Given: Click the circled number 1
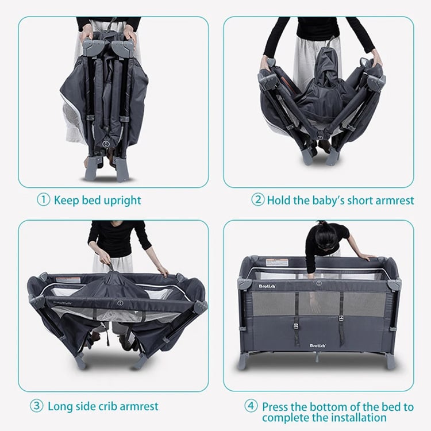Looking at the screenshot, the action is click(x=43, y=200).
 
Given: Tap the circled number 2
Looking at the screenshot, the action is click(x=257, y=199).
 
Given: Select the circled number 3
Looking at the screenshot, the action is click(x=36, y=406).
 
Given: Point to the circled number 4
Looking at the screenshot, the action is click(x=251, y=406).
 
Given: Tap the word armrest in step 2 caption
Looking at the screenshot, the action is click(x=394, y=200).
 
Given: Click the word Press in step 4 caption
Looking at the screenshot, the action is click(x=275, y=406).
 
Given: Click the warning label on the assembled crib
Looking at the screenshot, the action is click(x=276, y=263).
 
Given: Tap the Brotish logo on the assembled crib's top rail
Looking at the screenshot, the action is click(x=267, y=286).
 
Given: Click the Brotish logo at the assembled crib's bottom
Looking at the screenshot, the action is click(x=317, y=345).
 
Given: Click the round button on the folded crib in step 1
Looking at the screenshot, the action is click(x=106, y=143).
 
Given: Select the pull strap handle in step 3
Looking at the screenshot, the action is click(x=111, y=267).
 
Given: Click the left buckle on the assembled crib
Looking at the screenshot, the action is click(x=296, y=326).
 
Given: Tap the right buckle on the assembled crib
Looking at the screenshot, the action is click(x=342, y=318).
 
